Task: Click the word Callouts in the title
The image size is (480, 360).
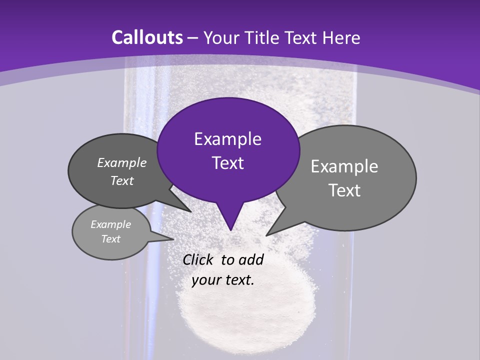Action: (147, 37)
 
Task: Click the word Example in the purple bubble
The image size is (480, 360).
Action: (227, 139)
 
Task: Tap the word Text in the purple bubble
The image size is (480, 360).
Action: (227, 163)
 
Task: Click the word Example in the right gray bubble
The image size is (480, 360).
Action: (344, 166)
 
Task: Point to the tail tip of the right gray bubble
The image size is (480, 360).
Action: (267, 235)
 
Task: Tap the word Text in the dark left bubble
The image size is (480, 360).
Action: (122, 181)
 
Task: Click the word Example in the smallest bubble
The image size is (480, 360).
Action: (110, 224)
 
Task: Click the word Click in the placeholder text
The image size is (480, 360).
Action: (199, 259)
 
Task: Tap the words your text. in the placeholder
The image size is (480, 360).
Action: (223, 280)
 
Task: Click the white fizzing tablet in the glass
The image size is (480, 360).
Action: (247, 305)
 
